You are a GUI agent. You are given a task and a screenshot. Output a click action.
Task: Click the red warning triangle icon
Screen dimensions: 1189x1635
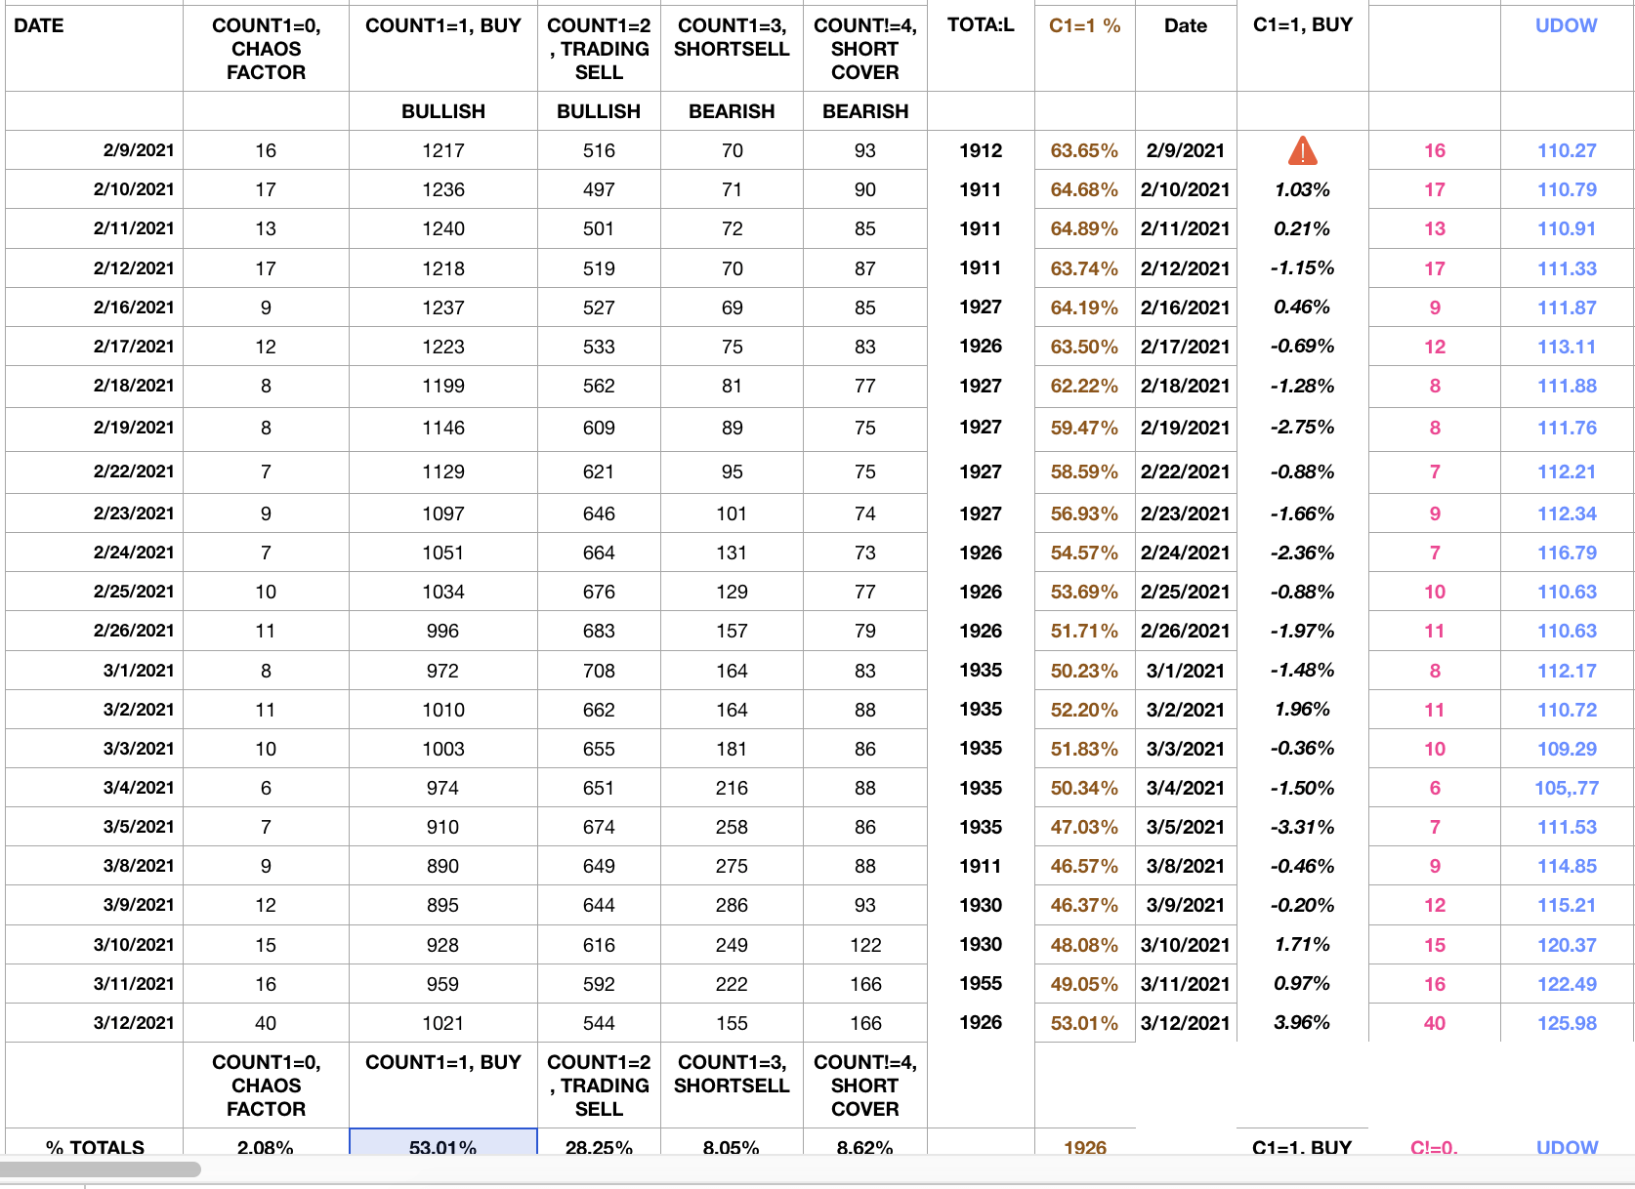click(x=1302, y=151)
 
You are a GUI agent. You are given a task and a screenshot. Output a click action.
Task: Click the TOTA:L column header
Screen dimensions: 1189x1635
click(x=981, y=25)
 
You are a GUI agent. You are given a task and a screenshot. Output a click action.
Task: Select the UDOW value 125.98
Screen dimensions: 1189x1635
click(x=1567, y=1023)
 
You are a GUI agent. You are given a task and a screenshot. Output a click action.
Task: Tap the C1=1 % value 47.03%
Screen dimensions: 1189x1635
click(x=1084, y=827)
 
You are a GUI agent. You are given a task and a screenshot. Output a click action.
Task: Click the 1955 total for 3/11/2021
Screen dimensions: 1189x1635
click(x=981, y=984)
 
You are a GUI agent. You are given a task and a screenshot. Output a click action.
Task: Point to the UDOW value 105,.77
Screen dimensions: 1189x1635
click(x=1567, y=788)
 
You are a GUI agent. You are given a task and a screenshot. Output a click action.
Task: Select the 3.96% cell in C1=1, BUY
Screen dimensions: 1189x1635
click(x=1302, y=1023)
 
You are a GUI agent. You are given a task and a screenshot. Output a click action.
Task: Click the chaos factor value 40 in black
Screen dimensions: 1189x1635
click(x=266, y=1023)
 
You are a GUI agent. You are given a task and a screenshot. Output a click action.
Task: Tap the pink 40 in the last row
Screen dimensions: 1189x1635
click(x=1434, y=1023)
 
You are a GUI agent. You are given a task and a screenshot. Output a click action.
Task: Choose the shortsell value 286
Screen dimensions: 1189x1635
click(x=732, y=905)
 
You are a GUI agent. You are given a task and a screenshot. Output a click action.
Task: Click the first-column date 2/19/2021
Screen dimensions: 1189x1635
click(x=134, y=428)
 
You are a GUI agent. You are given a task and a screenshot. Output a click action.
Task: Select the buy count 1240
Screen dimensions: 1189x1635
click(x=442, y=228)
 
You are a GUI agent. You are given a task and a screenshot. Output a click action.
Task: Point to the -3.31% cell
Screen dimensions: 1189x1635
click(x=1302, y=827)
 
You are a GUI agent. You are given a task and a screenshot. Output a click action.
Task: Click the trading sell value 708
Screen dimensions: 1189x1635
click(x=599, y=671)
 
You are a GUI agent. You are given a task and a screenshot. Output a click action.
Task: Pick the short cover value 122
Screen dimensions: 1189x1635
click(x=865, y=945)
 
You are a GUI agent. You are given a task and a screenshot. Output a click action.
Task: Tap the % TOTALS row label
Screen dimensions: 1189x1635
click(x=95, y=1147)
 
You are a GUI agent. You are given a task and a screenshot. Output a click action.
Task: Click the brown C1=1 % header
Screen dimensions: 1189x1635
click(x=1084, y=25)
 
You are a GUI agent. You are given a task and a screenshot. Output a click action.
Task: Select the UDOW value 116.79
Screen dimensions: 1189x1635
click(x=1567, y=553)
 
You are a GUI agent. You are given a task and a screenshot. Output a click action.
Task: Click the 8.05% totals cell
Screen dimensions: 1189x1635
click(x=732, y=1147)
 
